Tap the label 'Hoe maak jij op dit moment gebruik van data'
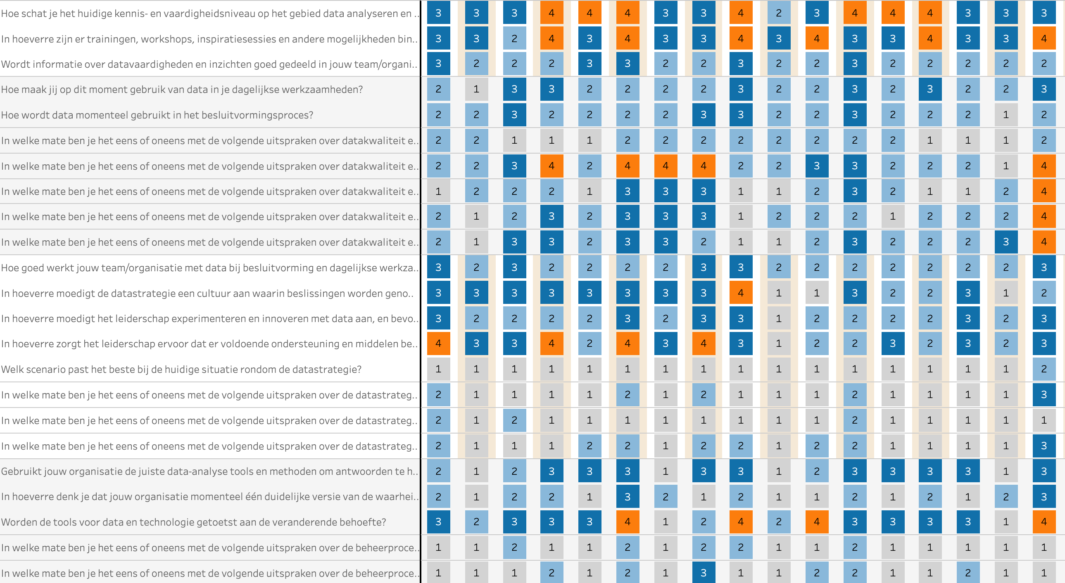pos(182,89)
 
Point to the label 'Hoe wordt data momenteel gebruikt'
pos(157,115)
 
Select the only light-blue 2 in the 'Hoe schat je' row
pos(778,13)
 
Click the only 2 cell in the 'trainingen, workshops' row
pos(514,38)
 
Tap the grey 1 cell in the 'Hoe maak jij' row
pos(476,89)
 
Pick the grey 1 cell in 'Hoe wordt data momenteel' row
pos(1006,114)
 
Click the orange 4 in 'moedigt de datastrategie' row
pos(740,293)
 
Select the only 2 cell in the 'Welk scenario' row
pos(1044,369)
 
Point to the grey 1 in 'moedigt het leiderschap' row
pos(778,319)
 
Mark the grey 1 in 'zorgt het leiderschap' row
pos(778,344)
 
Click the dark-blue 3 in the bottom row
pos(703,573)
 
